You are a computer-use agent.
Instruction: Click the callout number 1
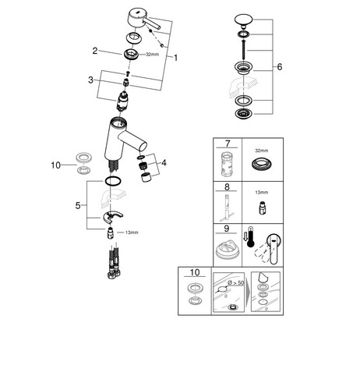(176, 58)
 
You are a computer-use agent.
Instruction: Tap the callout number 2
(95, 51)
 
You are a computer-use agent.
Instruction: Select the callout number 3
(90, 80)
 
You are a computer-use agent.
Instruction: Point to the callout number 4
(164, 163)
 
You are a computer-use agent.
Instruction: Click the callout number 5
(78, 206)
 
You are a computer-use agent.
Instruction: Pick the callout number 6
(280, 67)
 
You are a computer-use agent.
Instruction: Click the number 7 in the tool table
(228, 144)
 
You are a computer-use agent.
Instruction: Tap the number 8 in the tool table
(227, 187)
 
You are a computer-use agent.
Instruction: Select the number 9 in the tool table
(227, 229)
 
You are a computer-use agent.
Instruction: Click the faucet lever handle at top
(143, 19)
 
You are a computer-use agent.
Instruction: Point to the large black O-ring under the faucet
(113, 181)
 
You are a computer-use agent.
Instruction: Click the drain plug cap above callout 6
(243, 20)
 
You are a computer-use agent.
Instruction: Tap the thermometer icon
(250, 237)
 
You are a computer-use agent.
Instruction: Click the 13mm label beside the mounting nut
(132, 232)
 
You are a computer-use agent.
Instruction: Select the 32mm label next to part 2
(153, 55)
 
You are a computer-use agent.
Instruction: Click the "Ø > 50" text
(236, 283)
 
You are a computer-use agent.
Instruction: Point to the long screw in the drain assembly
(244, 49)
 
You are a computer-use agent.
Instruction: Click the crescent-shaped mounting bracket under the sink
(113, 217)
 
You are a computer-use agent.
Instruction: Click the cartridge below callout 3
(122, 101)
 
